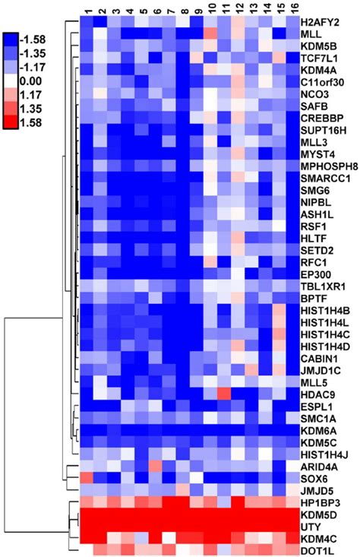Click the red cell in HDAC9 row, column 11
pyautogui.click(x=225, y=394)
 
